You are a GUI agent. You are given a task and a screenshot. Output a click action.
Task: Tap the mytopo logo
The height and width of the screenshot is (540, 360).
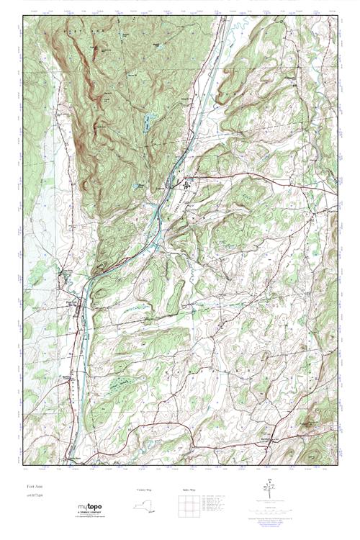pyautogui.click(x=90, y=506)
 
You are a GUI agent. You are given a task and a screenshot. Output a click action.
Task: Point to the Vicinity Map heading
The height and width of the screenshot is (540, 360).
pyautogui.click(x=144, y=490)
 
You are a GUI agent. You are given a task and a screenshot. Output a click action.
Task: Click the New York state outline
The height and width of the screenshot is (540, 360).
pyautogui.click(x=145, y=505)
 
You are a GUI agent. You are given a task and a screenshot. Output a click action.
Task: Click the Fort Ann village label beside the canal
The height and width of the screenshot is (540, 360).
pyautogui.click(x=73, y=303)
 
